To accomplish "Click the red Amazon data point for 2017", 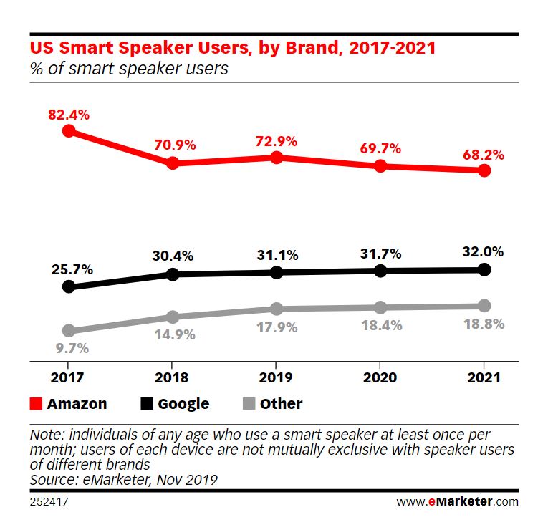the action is coord(69,131).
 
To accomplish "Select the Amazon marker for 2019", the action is coord(277,158).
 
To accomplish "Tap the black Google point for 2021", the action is coord(484,269).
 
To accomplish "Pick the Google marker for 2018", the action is coord(173,274).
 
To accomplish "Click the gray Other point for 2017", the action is coord(69,330).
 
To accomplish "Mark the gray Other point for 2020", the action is coord(380,307).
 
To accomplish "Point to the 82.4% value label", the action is coord(69,115).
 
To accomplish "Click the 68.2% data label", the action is coord(484,155).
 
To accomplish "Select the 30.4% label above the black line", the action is coord(173,256).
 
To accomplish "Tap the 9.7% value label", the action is coord(72,348).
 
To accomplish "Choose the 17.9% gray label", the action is coord(277,328).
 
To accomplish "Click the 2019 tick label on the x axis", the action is coord(276,377).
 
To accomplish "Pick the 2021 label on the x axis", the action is coord(484,377).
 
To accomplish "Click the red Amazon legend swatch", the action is coord(36,403).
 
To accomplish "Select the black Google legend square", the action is coord(147,403).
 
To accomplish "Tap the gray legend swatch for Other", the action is coord(249,403).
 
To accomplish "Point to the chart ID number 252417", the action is coord(49,501).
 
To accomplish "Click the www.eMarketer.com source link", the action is coord(458,501).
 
